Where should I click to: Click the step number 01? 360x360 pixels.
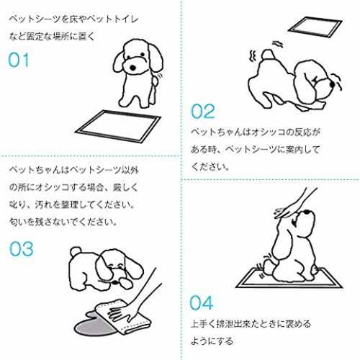19,60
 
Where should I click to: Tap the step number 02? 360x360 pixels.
203,112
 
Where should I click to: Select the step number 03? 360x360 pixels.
22,249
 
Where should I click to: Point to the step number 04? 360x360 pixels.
201,303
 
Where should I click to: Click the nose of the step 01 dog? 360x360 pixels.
132,68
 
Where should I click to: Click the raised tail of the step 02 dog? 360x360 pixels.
268,54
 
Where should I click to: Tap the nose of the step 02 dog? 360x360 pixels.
332,84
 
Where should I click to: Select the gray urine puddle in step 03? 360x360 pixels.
96,326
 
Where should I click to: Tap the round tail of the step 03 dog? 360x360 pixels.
76,252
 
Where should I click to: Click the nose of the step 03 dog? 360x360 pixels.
116,282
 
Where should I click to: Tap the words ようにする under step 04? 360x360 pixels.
212,341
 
